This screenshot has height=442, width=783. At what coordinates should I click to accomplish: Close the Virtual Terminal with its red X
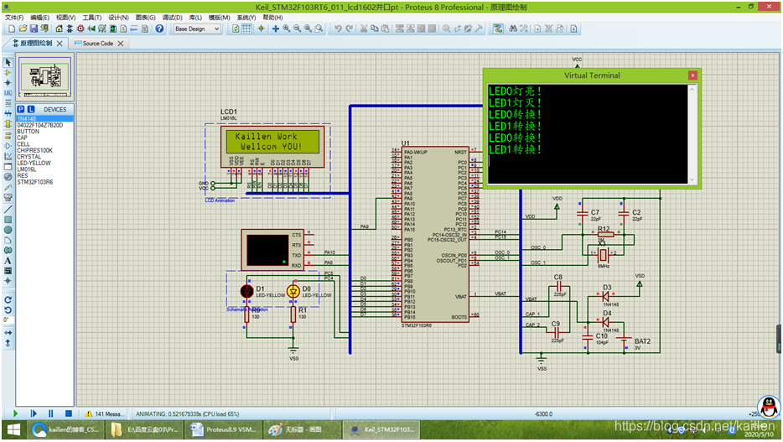pos(692,75)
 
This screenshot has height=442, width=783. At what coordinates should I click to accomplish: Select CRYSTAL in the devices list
pos(29,156)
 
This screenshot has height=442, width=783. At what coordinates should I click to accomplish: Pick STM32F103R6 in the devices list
pos(34,182)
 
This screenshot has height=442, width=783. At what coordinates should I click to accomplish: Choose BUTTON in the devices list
pos(28,132)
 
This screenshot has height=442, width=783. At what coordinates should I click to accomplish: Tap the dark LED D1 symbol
pos(246,291)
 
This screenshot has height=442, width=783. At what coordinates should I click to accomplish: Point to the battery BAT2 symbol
pos(624,340)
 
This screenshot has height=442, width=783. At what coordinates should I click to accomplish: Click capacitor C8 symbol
pos(558,287)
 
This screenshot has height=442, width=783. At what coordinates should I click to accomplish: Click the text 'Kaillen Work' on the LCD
pos(266,136)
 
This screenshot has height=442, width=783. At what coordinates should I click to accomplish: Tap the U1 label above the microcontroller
pos(406,143)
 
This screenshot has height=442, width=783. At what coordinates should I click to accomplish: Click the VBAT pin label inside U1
pos(460,296)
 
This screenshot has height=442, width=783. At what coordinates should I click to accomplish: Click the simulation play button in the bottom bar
pos(15,413)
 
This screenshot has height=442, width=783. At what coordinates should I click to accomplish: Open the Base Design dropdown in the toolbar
pos(198,29)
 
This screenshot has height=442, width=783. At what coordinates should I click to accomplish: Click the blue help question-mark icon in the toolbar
pos(159,29)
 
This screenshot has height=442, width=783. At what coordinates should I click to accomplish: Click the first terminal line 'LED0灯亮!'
pos(515,91)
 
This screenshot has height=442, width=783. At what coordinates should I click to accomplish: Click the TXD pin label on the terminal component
pos(296,255)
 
